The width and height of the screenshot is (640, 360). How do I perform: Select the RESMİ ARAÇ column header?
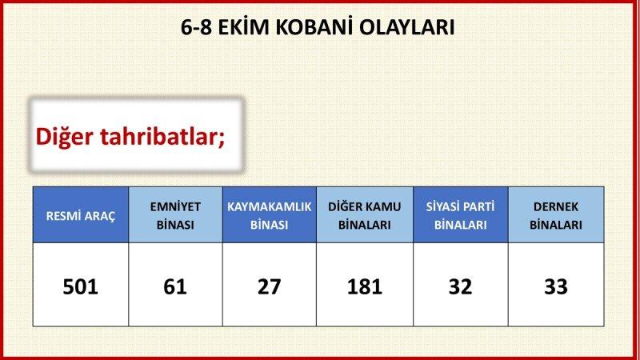pos(80,215)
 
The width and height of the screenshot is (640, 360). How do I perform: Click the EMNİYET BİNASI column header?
pos(175,215)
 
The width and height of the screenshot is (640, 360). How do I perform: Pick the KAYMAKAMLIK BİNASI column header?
pos(269,215)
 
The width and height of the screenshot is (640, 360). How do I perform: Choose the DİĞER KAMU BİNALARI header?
pos(364,215)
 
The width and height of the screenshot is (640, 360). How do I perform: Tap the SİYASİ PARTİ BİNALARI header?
pos(460,215)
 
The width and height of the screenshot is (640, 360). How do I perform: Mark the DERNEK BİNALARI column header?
pos(555,215)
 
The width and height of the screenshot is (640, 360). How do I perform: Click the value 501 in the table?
pos(80,286)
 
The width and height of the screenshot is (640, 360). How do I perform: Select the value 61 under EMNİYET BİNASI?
pos(175,286)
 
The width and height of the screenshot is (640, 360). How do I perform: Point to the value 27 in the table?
pos(269,286)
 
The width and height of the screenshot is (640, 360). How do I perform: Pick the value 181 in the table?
pos(364,286)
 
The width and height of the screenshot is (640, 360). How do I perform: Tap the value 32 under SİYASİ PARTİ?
pos(460,286)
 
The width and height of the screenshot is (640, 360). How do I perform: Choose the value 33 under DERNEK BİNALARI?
pos(555,286)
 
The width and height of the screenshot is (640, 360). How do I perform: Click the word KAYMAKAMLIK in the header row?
pos(269,206)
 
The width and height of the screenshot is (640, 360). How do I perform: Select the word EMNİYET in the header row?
pos(175,206)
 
